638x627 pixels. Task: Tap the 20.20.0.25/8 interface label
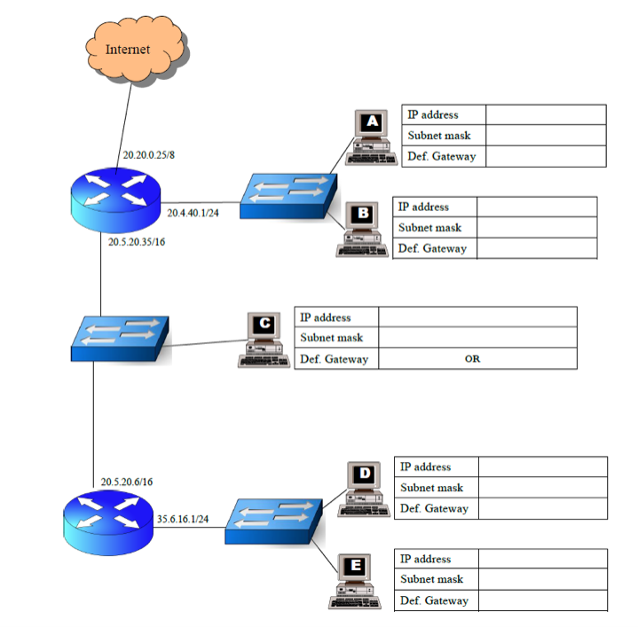tap(148, 154)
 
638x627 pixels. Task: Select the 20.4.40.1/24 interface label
tap(193, 213)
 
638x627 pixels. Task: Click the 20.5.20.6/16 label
tap(126, 482)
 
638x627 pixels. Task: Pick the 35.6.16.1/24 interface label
tap(183, 519)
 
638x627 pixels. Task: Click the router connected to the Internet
tap(115, 200)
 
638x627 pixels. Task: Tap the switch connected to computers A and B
tap(287, 191)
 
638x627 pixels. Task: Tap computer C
tap(264, 339)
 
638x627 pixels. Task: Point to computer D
tap(364, 489)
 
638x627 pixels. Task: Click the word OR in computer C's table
tap(472, 359)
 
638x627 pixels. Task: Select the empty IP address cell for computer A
tap(545, 114)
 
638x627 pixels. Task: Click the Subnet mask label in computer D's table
tap(431, 488)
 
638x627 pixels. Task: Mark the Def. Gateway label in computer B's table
tap(432, 249)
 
